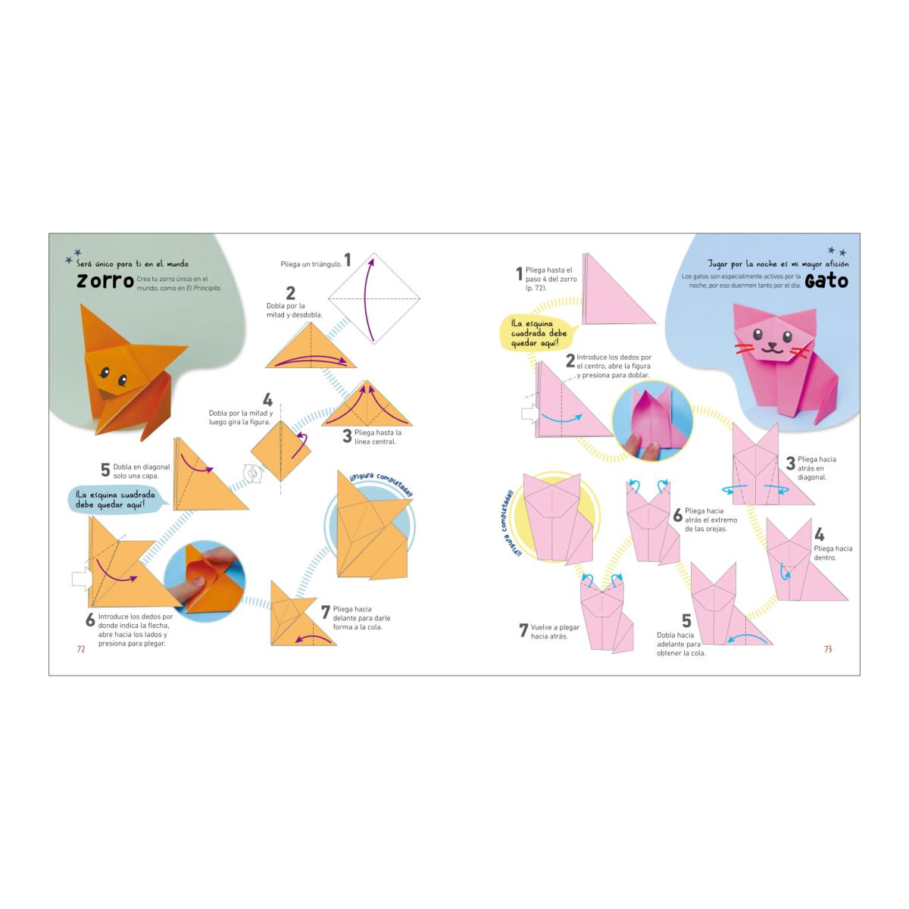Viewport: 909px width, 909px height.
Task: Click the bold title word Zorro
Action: (x=105, y=281)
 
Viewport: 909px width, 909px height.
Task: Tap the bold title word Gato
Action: (x=826, y=281)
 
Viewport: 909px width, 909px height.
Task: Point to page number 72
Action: (x=81, y=649)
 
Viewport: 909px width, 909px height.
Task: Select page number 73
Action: (x=828, y=649)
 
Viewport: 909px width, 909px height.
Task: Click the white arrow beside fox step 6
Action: (x=82, y=578)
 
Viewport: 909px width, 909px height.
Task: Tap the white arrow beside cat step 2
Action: (x=530, y=414)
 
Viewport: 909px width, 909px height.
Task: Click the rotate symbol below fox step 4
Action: (x=252, y=473)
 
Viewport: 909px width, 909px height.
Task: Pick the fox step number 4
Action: (x=267, y=400)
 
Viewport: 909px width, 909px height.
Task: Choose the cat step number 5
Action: (x=686, y=621)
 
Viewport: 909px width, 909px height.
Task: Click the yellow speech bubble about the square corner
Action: (x=539, y=333)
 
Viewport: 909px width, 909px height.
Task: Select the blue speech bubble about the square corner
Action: (x=117, y=500)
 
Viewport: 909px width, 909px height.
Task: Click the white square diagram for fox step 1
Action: (x=373, y=298)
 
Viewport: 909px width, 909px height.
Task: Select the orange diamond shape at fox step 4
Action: (x=281, y=451)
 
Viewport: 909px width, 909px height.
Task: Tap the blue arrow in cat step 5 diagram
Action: (x=747, y=637)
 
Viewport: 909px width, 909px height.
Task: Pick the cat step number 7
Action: (x=523, y=629)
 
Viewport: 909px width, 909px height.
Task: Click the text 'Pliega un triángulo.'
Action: (x=311, y=264)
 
